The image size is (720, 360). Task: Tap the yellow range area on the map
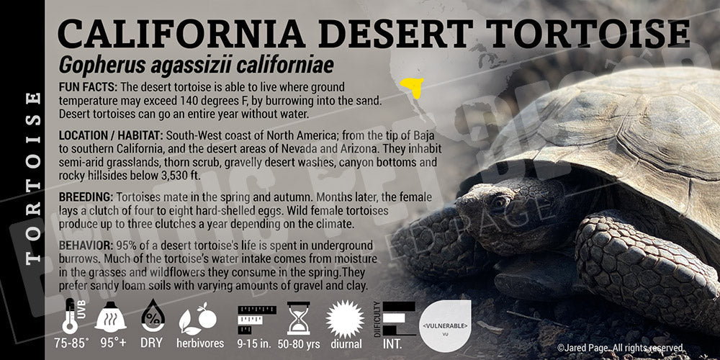413,89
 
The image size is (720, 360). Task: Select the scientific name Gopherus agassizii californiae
197,66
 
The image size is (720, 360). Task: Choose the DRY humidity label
152,343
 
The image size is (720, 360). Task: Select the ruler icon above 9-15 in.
257,317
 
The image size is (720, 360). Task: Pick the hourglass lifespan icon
298,318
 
